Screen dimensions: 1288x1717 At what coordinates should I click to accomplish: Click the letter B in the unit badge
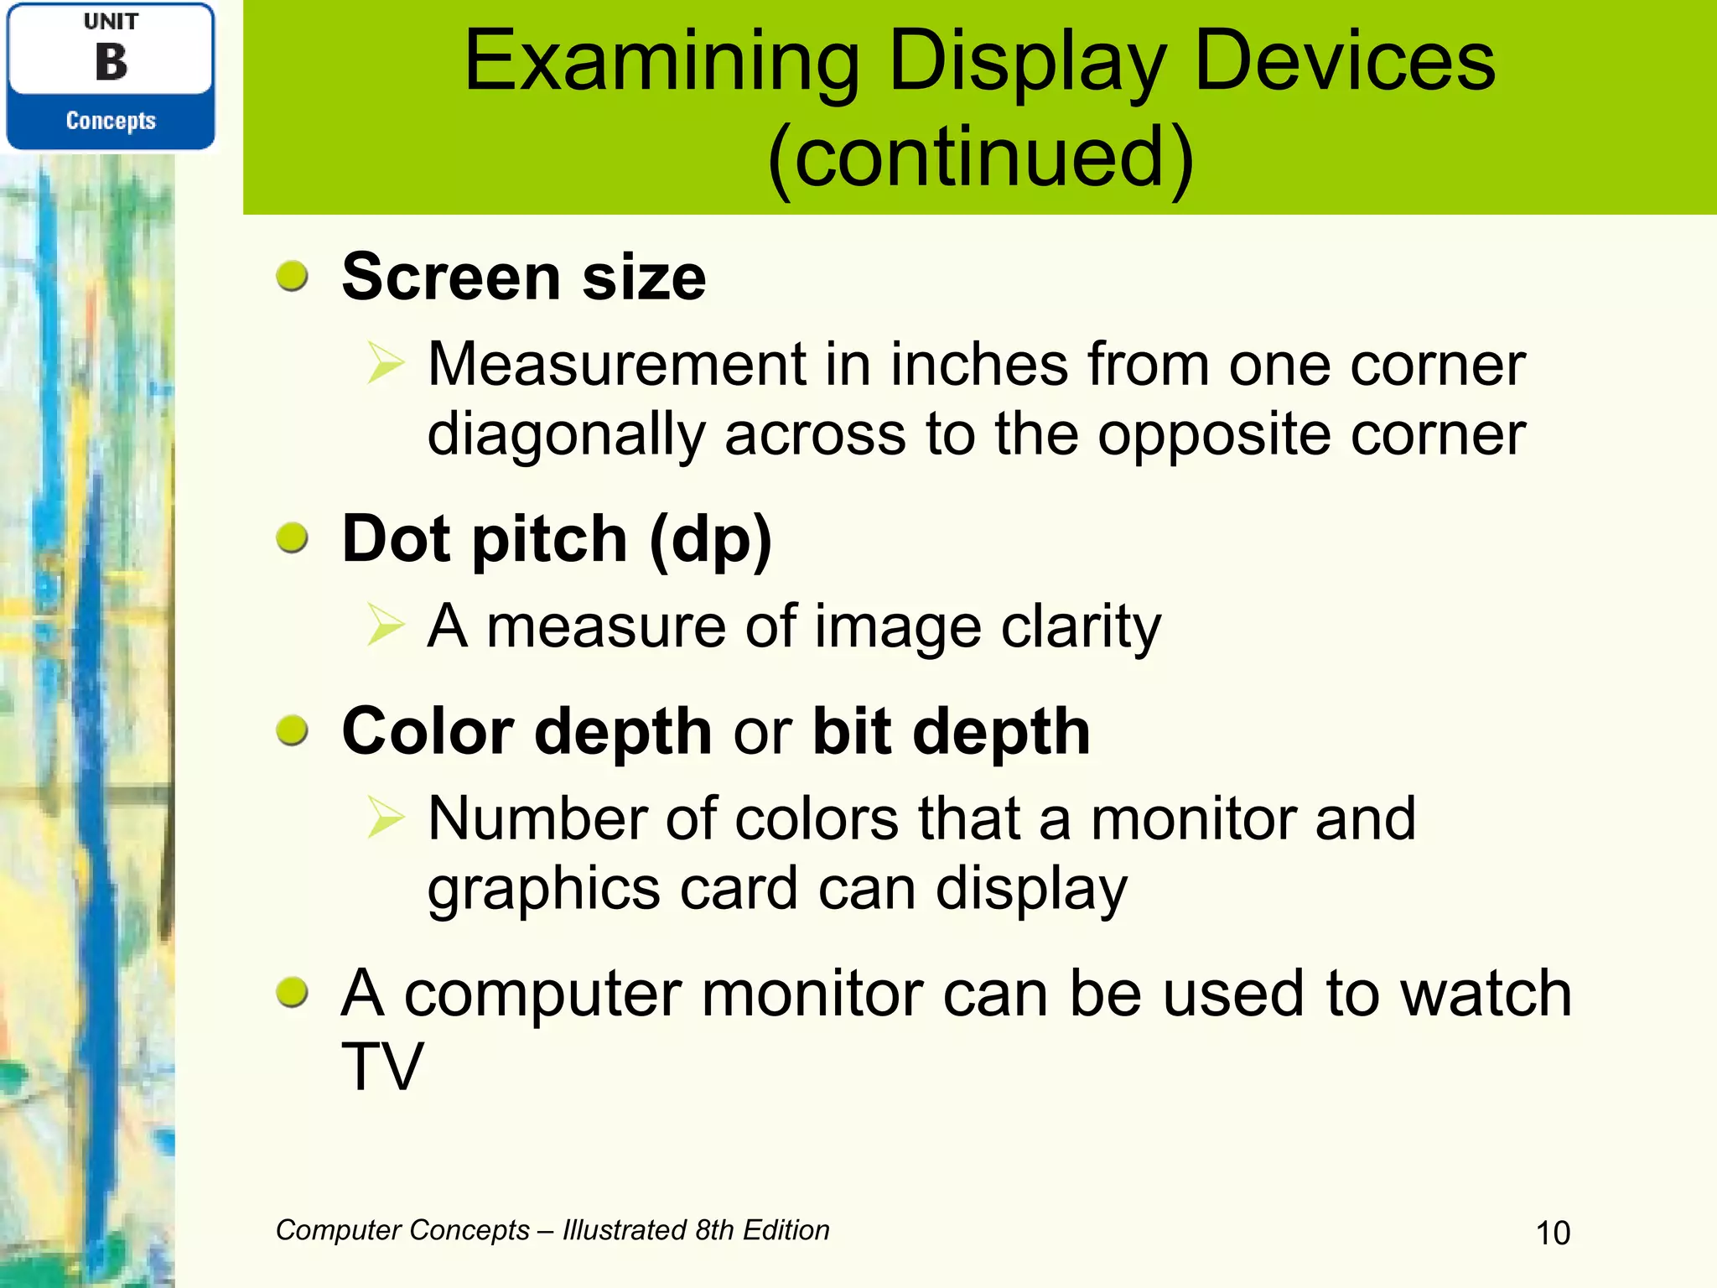pyautogui.click(x=111, y=63)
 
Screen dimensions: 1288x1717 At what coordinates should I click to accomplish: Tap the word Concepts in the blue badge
pyautogui.click(x=111, y=121)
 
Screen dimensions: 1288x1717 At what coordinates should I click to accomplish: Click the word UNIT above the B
pyautogui.click(x=111, y=22)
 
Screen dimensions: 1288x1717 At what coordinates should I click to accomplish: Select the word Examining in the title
pyautogui.click(x=661, y=62)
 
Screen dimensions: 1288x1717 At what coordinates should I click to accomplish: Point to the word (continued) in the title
pyautogui.click(x=980, y=157)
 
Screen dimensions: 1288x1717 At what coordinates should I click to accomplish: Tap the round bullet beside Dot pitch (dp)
pyautogui.click(x=293, y=538)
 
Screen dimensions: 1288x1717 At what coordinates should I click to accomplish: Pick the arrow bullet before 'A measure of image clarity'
pyautogui.click(x=386, y=626)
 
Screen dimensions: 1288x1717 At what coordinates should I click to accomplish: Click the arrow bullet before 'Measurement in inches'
pyautogui.click(x=386, y=364)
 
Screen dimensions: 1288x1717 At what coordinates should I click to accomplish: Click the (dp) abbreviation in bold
pyautogui.click(x=710, y=539)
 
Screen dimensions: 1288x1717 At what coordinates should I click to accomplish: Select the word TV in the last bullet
pyautogui.click(x=382, y=1066)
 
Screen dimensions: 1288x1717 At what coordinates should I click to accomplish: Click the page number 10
pyautogui.click(x=1553, y=1233)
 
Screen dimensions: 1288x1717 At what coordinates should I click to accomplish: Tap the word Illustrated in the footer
pyautogui.click(x=625, y=1230)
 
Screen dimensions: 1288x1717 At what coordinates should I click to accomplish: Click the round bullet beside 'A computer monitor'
pyautogui.click(x=293, y=993)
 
